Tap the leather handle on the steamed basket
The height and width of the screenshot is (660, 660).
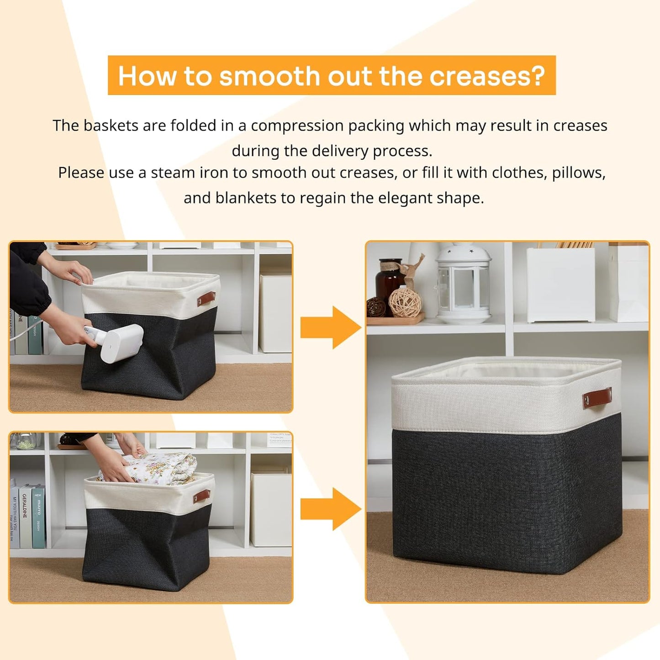(206, 298)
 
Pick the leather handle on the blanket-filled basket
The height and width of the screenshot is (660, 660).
(201, 496)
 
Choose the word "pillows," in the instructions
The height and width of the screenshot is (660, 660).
(579, 173)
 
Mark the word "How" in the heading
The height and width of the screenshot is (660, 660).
(148, 76)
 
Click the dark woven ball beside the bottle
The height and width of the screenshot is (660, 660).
(376, 306)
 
